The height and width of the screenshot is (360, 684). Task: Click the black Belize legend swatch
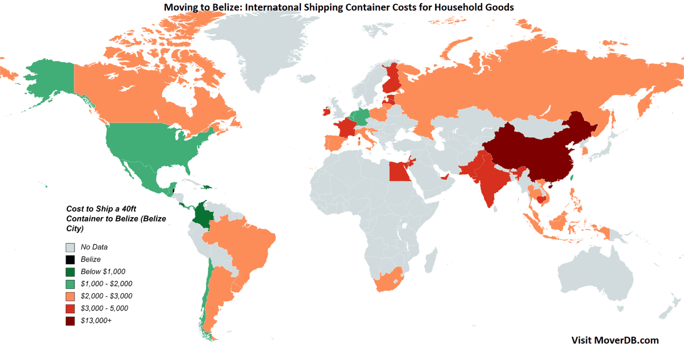coord(70,259)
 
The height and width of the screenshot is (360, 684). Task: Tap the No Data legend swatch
coord(70,247)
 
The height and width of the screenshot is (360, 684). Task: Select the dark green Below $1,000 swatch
coord(70,271)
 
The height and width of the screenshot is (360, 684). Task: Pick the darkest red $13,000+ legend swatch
coord(70,320)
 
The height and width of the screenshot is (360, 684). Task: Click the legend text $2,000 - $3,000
coord(106,296)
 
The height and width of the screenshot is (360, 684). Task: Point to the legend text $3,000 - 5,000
coord(104,308)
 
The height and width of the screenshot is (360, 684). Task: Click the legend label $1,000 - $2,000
coord(106,284)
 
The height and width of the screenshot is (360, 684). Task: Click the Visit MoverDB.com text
coord(615,340)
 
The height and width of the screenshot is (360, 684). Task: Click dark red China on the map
coord(534,151)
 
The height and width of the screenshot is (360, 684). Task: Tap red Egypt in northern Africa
coord(399,171)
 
